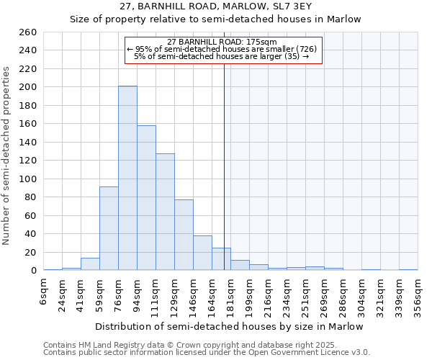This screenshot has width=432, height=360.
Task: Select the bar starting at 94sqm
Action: tap(146, 198)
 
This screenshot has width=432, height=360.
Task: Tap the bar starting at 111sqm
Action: tap(165, 212)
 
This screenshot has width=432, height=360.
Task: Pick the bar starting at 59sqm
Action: tap(109, 228)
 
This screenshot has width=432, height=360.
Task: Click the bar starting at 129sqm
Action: tap(184, 235)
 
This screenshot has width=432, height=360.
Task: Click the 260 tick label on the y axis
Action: tap(27, 32)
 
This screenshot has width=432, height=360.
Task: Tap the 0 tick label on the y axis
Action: tap(33, 271)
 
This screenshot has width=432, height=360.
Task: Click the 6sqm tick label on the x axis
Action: tap(44, 290)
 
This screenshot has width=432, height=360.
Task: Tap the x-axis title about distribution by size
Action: tap(230, 326)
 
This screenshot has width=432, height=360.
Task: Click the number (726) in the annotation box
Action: tap(302, 49)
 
